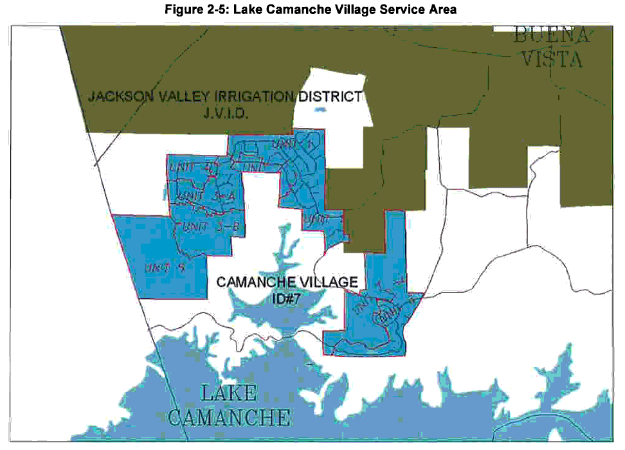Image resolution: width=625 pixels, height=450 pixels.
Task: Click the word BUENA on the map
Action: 550,36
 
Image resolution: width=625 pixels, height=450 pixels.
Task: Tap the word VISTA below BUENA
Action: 551,59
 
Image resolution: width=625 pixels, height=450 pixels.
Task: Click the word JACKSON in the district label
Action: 116,98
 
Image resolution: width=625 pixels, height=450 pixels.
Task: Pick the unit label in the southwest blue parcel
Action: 165,268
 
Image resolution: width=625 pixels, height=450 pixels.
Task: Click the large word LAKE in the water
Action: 229,393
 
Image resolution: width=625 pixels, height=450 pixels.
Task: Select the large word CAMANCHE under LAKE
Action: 229,417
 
